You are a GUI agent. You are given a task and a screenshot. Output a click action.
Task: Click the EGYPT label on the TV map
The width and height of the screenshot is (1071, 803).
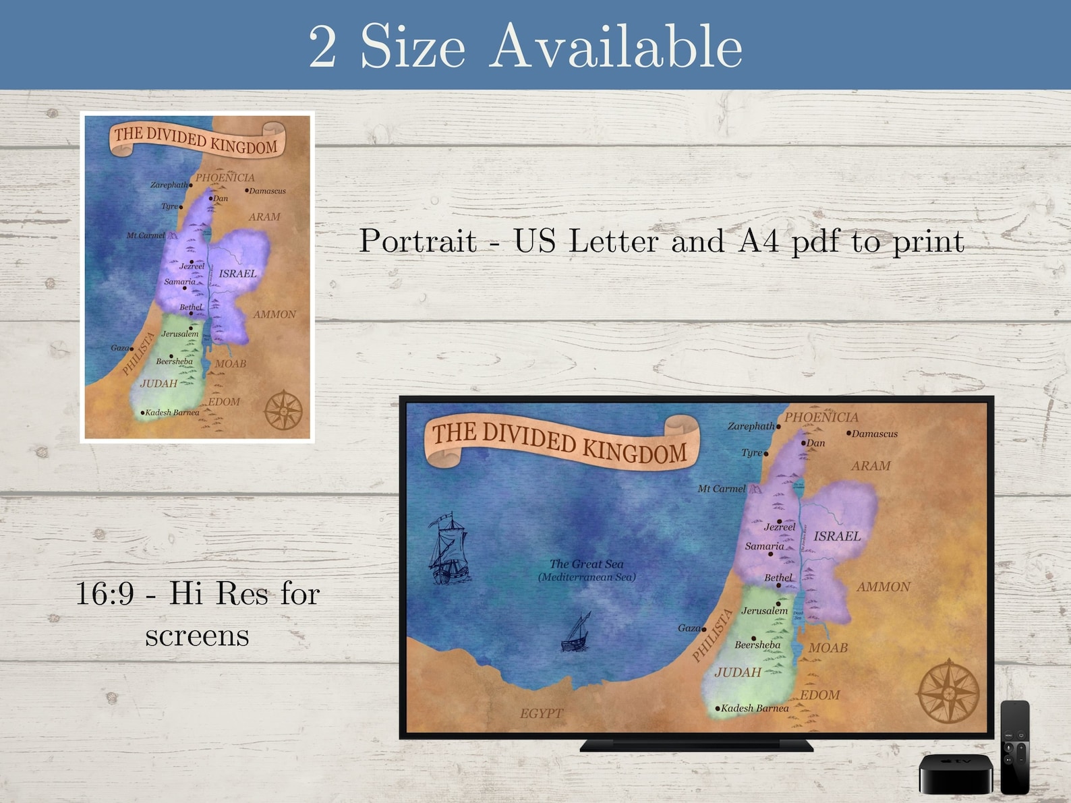(542, 713)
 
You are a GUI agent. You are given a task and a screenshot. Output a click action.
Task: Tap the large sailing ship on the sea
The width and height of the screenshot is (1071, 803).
(448, 549)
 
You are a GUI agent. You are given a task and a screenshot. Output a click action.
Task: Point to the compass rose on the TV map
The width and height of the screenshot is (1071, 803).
(948, 692)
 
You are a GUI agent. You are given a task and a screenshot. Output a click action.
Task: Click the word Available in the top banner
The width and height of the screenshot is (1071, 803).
(615, 47)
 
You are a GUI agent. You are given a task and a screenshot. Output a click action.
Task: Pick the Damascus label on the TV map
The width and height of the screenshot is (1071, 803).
(874, 434)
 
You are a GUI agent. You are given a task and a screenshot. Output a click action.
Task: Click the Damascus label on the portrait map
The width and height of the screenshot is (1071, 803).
(267, 191)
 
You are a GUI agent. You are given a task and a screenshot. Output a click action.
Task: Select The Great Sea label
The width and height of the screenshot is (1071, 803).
(586, 564)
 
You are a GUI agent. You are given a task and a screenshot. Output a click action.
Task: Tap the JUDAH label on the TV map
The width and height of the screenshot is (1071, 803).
(738, 672)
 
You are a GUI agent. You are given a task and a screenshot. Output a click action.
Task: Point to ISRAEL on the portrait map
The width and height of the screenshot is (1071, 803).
(237, 274)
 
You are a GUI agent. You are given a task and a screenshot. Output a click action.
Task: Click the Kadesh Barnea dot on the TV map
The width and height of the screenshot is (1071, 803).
(718, 709)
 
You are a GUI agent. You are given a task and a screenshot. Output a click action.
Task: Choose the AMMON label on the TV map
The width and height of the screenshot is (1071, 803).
(883, 587)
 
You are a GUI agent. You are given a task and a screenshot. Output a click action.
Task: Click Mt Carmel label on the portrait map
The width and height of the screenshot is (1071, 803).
(146, 235)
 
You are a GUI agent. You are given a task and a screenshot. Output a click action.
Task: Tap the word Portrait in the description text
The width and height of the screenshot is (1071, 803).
(417, 241)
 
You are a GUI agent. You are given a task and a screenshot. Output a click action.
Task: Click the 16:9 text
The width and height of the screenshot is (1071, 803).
(105, 593)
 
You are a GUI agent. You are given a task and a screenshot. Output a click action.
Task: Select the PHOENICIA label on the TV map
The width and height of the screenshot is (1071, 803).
(821, 417)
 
